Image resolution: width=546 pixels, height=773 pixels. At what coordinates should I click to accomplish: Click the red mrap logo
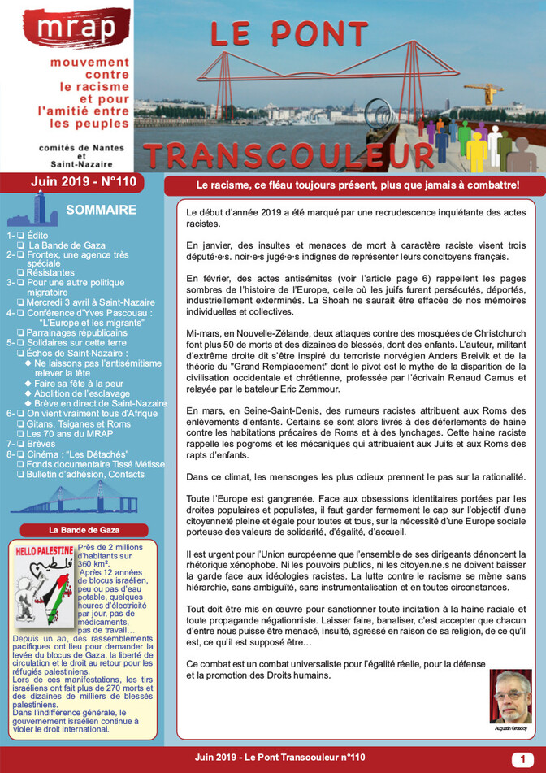tap(66, 28)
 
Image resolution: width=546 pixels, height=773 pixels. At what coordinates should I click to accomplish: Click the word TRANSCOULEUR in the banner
tap(288, 154)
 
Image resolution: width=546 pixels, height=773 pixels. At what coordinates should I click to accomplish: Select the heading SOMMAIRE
tap(101, 210)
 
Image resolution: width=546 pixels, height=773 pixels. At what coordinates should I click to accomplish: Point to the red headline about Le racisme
tap(353, 185)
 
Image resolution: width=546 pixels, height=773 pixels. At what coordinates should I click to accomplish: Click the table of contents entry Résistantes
tap(62, 273)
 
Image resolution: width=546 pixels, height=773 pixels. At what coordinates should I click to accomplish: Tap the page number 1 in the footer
tap(518, 759)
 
